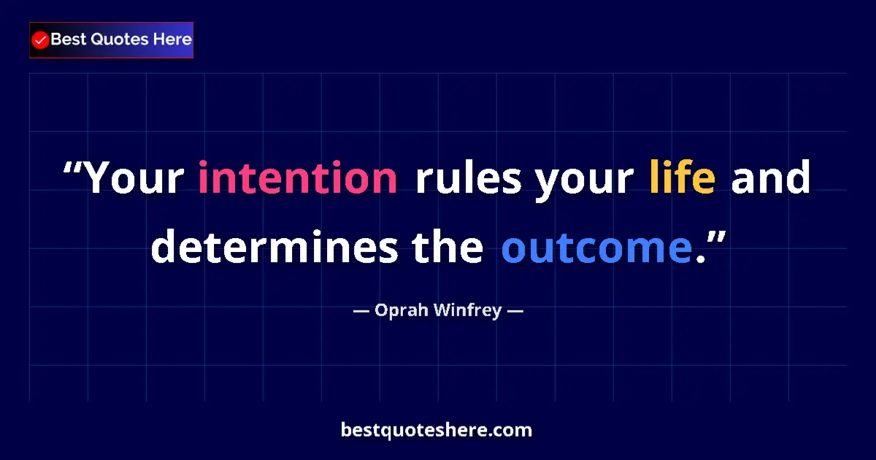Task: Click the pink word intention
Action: coord(298,179)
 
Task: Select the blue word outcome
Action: coord(596,248)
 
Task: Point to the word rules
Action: coord(468,179)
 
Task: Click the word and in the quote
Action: coord(770,179)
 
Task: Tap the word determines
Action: coord(274,248)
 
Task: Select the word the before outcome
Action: coord(447,248)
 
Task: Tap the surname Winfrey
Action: coord(466,311)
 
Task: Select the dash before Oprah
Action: coord(361,311)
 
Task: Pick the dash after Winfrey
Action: coord(515,311)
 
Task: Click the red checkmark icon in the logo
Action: coord(41,40)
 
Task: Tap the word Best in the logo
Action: coord(67,40)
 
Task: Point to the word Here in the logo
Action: coord(172,40)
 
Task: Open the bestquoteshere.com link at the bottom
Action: coord(437,430)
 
